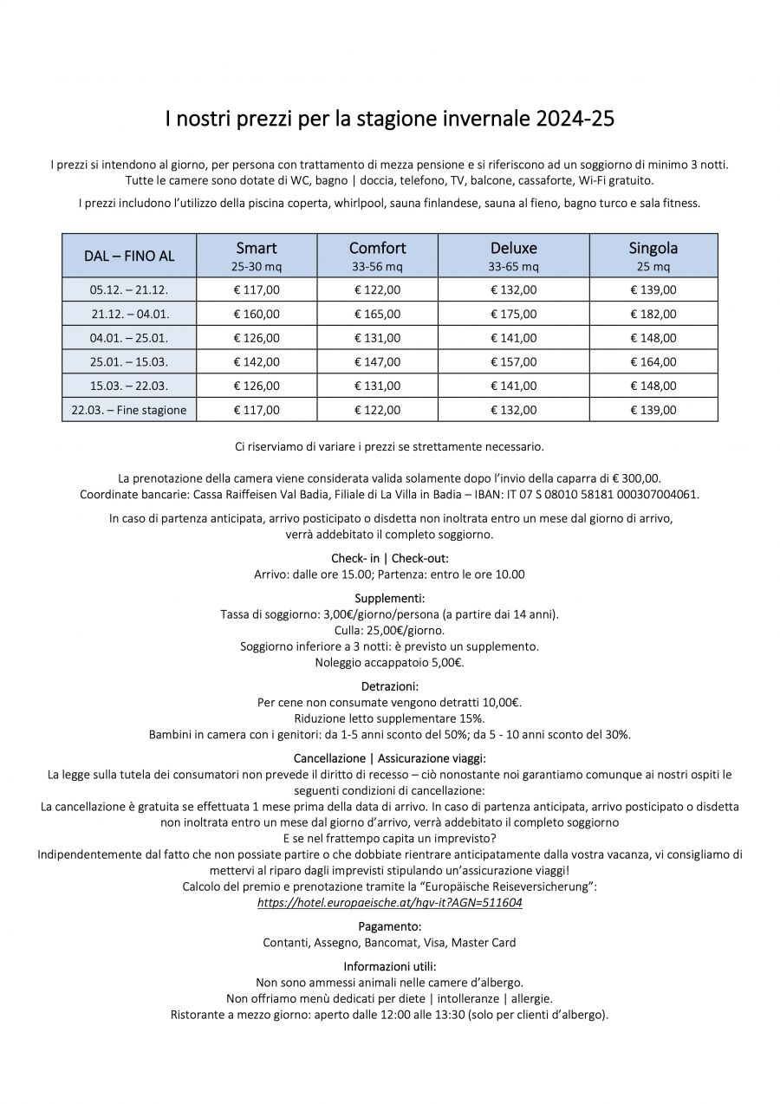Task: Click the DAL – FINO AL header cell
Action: (129, 256)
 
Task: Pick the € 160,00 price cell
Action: (257, 314)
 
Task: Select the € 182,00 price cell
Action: (653, 314)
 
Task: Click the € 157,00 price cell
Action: (513, 361)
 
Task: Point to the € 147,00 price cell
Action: (377, 361)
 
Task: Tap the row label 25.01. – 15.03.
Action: (129, 361)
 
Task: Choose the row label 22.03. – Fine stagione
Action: (129, 410)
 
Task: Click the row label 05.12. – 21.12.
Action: (129, 289)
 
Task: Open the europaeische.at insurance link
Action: (389, 902)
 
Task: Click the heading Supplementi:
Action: (389, 598)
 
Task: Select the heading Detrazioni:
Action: (389, 686)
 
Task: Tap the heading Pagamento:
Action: (389, 926)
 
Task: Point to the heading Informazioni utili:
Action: (389, 966)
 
